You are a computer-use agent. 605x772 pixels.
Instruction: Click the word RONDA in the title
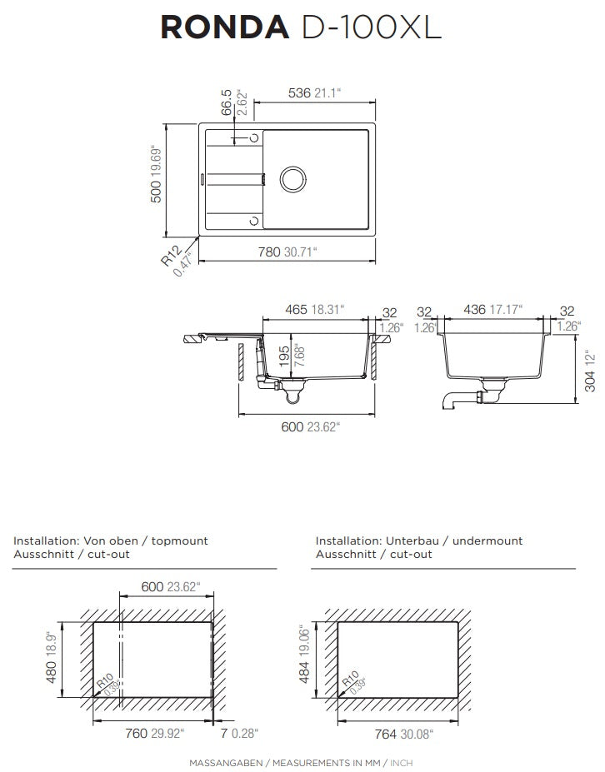225,27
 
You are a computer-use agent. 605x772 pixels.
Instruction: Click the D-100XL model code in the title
371,27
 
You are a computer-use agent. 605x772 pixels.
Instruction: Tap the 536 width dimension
299,92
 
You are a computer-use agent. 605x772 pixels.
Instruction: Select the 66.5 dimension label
227,102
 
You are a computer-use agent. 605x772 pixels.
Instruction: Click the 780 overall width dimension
269,252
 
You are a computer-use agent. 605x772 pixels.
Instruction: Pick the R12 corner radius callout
172,256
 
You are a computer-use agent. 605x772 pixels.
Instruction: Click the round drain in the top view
293,179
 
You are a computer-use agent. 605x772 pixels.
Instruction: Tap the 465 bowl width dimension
297,309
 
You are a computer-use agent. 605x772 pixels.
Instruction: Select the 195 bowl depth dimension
285,356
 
